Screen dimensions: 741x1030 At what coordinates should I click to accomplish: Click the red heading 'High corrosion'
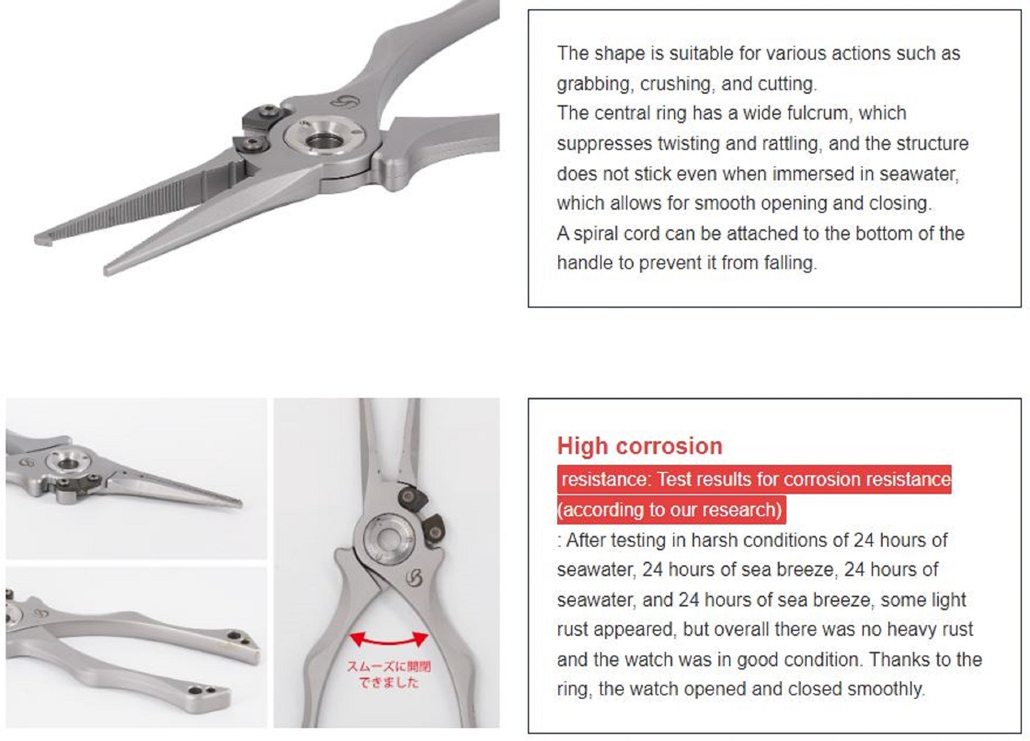[x=640, y=446]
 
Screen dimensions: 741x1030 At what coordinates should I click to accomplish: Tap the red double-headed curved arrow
[x=388, y=641]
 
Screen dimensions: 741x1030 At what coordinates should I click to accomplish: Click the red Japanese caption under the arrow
[x=388, y=675]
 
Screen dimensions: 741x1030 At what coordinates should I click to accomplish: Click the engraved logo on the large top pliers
[x=344, y=101]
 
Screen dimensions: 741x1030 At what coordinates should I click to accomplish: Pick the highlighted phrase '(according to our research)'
[x=671, y=510]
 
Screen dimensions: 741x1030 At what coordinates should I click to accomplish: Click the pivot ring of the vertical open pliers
[x=386, y=540]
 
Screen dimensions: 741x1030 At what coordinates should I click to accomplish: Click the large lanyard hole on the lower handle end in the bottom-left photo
[x=195, y=691]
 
